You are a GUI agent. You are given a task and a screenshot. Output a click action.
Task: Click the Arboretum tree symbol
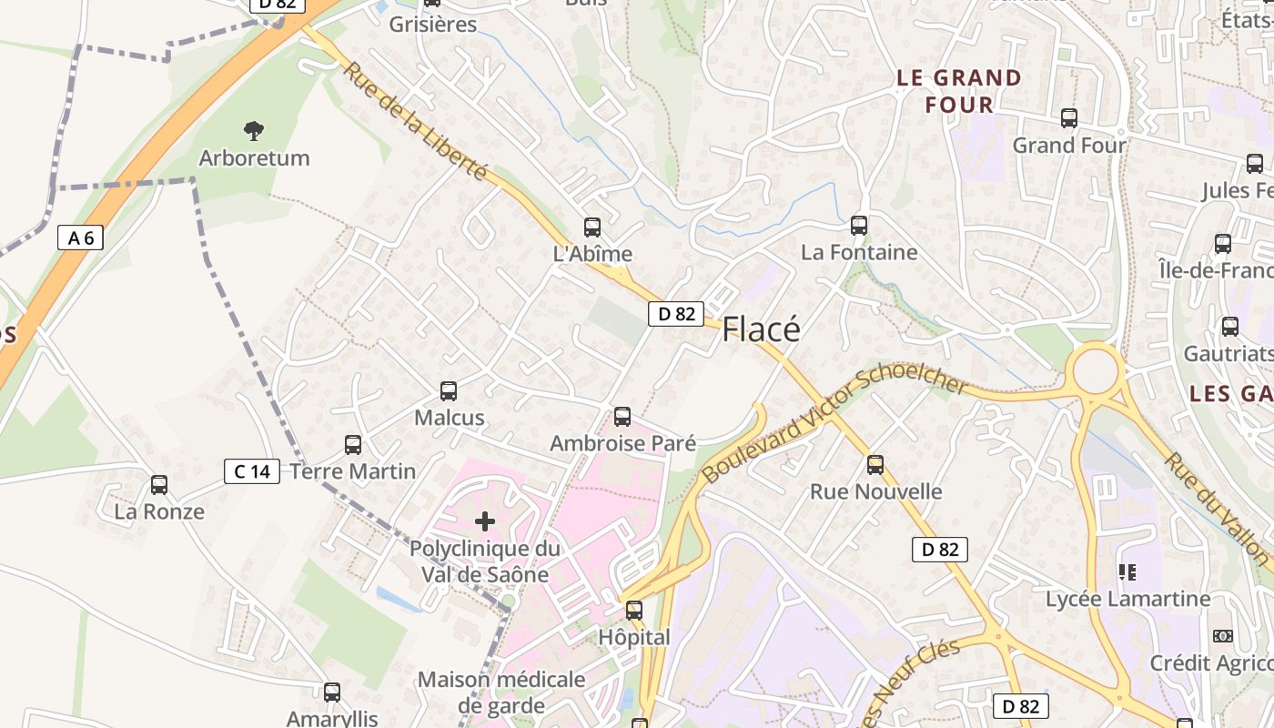coord(254,131)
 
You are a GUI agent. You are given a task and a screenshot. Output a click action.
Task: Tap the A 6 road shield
coord(80,238)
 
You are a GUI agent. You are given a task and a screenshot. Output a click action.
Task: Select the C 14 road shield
coord(252,471)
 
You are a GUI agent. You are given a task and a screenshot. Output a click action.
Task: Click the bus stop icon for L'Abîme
coord(592,227)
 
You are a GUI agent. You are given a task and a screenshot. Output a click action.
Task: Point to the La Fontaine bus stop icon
coord(858,226)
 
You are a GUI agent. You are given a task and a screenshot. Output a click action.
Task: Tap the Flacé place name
coord(761,329)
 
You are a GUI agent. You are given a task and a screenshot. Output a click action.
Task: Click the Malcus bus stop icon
coord(449,391)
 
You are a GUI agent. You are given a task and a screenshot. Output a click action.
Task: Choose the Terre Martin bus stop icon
coord(353,445)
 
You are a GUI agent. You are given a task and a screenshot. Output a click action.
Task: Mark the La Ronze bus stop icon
coord(159,485)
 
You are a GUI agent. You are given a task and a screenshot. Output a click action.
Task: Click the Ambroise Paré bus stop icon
coord(622,417)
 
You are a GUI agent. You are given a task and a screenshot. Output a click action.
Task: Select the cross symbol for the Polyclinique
coord(485,521)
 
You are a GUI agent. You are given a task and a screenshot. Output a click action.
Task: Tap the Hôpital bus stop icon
coord(634,611)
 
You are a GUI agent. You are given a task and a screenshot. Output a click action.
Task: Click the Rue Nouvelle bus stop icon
coord(875,465)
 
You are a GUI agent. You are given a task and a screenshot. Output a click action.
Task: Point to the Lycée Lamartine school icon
coord(1127,572)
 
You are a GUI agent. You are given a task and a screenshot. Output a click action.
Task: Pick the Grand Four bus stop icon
coord(1069,118)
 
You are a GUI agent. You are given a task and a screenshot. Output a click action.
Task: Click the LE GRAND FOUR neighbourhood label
coord(959,91)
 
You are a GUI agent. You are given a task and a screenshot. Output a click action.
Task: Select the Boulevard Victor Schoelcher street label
coord(835,427)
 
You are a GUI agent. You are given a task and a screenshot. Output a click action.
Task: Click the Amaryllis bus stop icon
coord(332,693)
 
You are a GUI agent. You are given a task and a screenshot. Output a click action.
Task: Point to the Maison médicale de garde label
coord(501,693)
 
